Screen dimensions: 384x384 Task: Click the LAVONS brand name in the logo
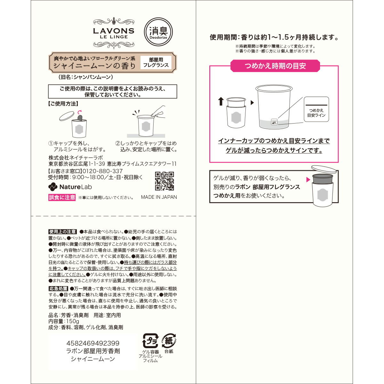coord(114,31)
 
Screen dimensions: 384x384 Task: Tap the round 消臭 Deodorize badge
coord(158,32)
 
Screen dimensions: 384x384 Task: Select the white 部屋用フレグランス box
coord(156,62)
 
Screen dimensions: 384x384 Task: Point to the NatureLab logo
coord(70,187)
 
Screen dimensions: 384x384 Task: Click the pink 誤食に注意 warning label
coord(62,197)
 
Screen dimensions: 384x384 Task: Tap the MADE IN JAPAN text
coord(159,197)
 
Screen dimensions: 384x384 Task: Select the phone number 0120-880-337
coord(103,171)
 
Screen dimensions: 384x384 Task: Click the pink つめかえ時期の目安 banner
coord(275,66)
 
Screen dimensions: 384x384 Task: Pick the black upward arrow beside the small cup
coord(220,101)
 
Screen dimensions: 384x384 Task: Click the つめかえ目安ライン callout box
coord(316,109)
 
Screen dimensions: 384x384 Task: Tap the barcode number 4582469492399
coord(93,343)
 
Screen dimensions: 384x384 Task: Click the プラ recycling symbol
coord(150,341)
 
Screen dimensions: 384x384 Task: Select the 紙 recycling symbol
coord(169,341)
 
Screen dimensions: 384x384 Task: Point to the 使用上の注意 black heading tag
coord(63,232)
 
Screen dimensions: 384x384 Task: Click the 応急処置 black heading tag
coord(58,289)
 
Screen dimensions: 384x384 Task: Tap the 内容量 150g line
coord(64,321)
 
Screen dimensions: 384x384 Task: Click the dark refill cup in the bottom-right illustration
coord(323,180)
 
